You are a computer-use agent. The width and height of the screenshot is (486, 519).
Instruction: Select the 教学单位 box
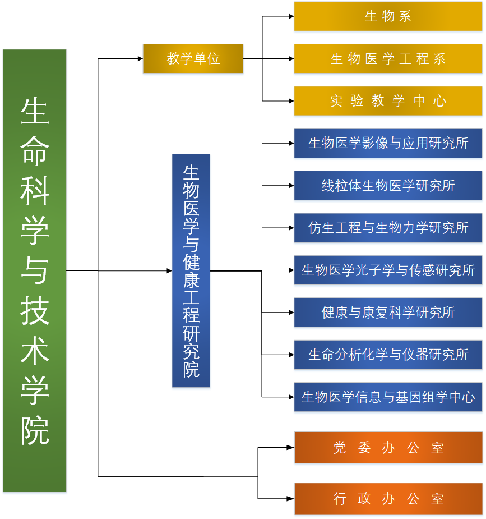193,58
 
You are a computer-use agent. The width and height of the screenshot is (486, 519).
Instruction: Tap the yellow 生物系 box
388,16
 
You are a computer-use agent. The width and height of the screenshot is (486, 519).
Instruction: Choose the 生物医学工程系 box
388,58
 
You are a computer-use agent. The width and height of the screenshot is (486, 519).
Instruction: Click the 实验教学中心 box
388,101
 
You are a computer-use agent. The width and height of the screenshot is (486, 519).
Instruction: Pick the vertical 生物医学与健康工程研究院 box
191,270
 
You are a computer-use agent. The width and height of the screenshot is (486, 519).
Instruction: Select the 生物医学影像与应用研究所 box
388,143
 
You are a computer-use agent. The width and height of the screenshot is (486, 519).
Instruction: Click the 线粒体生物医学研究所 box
388,185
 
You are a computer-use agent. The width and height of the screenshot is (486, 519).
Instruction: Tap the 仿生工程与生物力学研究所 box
388,228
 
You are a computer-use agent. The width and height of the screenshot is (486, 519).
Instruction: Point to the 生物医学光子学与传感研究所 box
388,270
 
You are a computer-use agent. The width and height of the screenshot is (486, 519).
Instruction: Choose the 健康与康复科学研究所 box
388,313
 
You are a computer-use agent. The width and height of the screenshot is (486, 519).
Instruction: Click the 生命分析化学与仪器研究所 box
388,355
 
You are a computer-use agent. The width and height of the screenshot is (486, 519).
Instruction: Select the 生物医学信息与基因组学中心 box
388,397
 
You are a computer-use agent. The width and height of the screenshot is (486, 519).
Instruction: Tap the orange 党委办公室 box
388,448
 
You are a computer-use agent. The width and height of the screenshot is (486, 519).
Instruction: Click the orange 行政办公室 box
388,498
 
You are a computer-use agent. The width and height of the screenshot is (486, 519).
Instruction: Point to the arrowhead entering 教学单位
140,58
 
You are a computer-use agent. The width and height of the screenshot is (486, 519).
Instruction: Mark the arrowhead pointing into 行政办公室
291,498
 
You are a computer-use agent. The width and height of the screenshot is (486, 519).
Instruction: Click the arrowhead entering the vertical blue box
169,270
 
